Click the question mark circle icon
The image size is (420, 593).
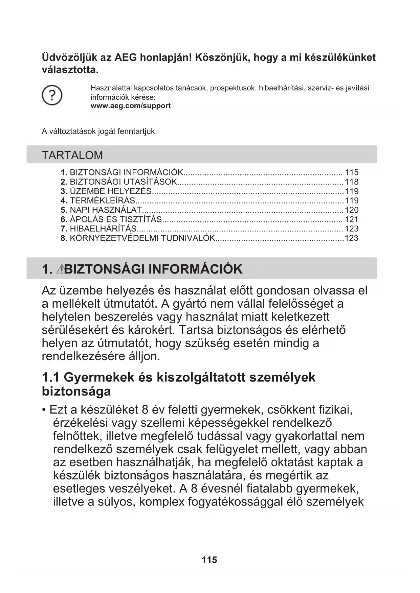[52, 96]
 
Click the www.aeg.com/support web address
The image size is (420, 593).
[131, 106]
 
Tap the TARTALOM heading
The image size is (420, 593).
[72, 155]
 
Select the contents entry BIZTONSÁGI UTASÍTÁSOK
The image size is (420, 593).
[123, 182]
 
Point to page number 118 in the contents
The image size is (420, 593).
[351, 182]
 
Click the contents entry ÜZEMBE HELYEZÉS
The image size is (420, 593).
[110, 191]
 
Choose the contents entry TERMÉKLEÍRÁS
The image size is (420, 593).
[103, 200]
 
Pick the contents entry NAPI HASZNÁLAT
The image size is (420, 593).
[106, 210]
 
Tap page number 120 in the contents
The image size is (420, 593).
[351, 210]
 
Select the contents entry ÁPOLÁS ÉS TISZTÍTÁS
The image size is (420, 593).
[116, 219]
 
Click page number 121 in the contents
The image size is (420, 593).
[351, 219]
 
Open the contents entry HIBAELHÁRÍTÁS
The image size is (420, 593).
[103, 229]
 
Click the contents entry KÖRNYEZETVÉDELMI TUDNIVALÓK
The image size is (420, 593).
[142, 238]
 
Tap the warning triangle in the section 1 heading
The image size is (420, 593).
[61, 269]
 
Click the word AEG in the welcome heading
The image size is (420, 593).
[126, 57]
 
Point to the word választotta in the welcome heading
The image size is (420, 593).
[70, 70]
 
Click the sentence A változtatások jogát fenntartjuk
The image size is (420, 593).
[99, 132]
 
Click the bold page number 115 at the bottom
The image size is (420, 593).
[209, 560]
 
